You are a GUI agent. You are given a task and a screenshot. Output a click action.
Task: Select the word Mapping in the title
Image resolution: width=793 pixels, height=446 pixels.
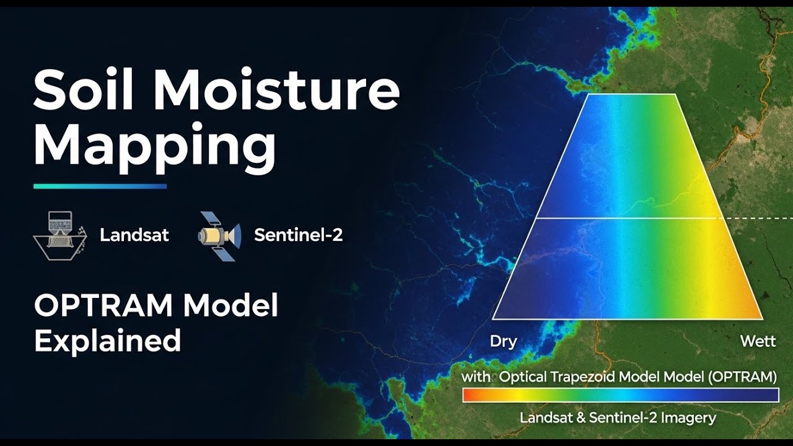[154, 146]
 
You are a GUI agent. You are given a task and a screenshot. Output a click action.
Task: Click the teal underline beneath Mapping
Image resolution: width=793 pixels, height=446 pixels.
[100, 186]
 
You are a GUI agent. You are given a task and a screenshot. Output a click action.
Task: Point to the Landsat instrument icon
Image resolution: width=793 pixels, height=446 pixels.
[59, 235]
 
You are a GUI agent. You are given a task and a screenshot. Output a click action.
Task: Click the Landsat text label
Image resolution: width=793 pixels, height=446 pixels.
[134, 235]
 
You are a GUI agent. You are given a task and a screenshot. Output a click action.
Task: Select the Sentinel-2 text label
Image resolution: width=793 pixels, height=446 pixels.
[298, 235]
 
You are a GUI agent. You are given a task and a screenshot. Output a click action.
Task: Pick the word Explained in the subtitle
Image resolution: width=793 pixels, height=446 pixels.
[107, 341]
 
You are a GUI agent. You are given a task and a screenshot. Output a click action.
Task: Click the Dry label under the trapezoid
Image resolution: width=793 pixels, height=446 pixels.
[503, 342]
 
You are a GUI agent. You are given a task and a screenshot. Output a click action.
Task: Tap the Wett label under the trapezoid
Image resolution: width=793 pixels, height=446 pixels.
[758, 342]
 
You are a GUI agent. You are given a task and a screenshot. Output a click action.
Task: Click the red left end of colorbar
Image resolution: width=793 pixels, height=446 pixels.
[470, 395]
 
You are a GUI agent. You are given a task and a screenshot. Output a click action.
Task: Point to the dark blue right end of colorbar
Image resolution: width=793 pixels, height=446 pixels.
[771, 395]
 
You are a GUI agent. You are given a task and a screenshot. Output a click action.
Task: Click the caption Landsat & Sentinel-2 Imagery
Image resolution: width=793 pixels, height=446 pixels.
[618, 418]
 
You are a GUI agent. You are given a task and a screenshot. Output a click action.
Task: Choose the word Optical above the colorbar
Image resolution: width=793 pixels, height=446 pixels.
[520, 376]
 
